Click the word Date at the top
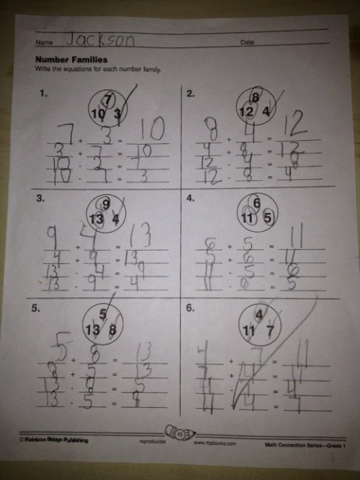(x=249, y=42)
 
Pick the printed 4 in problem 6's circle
(x=258, y=314)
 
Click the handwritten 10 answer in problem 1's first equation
(x=150, y=130)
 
